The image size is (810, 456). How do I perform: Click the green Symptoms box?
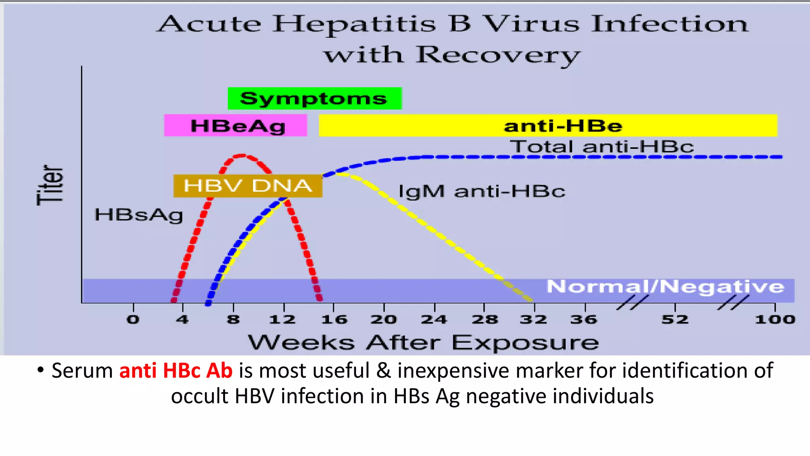(x=314, y=98)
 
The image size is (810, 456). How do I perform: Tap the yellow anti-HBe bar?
(x=548, y=125)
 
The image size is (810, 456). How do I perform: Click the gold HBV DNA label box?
(x=248, y=186)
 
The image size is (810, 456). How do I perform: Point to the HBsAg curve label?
(x=139, y=215)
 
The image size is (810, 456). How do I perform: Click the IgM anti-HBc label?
(x=482, y=192)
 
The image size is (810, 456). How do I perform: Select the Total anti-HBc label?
(x=602, y=147)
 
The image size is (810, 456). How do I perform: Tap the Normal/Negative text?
(x=665, y=286)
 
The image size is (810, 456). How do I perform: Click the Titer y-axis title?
(x=50, y=185)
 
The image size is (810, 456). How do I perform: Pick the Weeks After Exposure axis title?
(x=423, y=342)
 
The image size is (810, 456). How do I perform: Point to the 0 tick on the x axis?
(x=133, y=319)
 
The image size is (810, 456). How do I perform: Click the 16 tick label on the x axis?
(x=334, y=319)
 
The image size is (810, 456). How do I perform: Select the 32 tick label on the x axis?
(x=534, y=319)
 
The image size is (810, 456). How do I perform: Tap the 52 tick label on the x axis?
(x=675, y=319)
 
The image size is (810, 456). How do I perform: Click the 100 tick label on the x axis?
(x=775, y=319)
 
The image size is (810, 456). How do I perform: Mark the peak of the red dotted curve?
(x=242, y=156)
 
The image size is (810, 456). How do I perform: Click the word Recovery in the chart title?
(x=498, y=55)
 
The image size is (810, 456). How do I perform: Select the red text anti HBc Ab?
(x=176, y=371)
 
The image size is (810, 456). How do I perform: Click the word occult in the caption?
(x=199, y=396)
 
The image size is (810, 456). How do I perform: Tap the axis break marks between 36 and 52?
(x=632, y=303)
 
